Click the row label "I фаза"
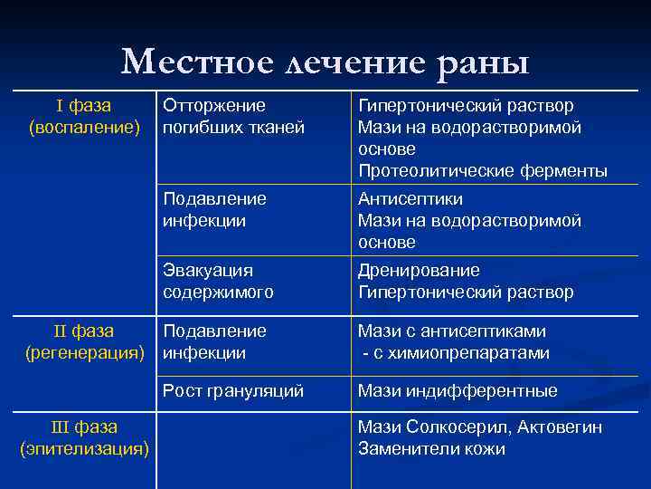coord(83,106)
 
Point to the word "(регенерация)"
coord(84,352)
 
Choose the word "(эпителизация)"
coord(84,448)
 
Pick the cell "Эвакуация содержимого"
coord(218,281)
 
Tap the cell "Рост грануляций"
coord(233,390)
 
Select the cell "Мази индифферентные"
coord(458,390)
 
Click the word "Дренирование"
coord(419,270)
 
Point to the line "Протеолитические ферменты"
coord(482,170)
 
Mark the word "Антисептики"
coord(410,198)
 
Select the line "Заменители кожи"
coord(431,448)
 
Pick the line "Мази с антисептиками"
coord(452,331)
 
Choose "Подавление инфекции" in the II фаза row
coord(214,341)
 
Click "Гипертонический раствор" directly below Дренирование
coord(466,292)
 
